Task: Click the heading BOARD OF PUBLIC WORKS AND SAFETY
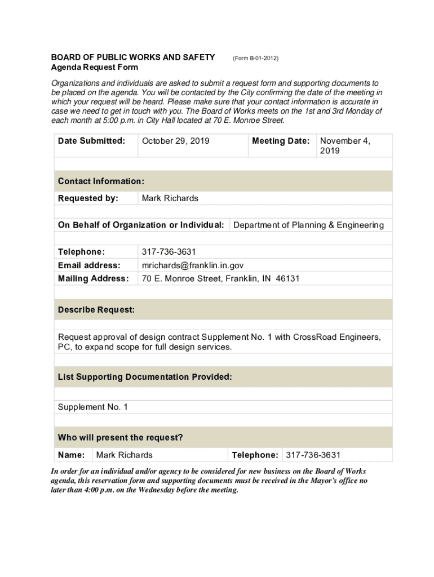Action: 133,57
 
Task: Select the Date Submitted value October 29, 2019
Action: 175,141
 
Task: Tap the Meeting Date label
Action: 281,141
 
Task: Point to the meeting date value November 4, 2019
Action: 345,145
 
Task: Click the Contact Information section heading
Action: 101,181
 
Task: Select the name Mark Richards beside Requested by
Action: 170,198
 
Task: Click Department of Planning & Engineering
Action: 308,225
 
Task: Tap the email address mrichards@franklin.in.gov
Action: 193,265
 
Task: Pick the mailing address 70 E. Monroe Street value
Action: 220,279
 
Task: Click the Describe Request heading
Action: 96,310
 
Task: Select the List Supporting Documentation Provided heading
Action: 145,377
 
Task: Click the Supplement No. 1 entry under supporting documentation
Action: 93,407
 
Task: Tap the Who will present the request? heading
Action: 121,438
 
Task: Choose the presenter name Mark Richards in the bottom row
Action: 124,455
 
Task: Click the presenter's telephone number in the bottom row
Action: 313,455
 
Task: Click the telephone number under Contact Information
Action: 169,252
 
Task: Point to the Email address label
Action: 89,265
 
